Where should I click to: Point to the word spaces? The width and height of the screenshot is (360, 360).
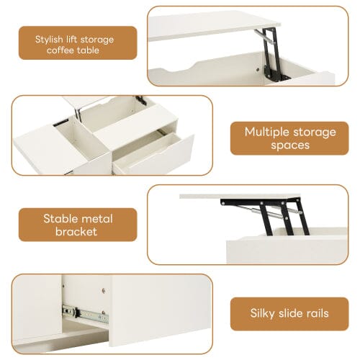[290, 145]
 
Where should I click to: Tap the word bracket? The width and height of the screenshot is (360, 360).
[78, 232]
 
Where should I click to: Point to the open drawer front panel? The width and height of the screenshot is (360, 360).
[156, 154]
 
